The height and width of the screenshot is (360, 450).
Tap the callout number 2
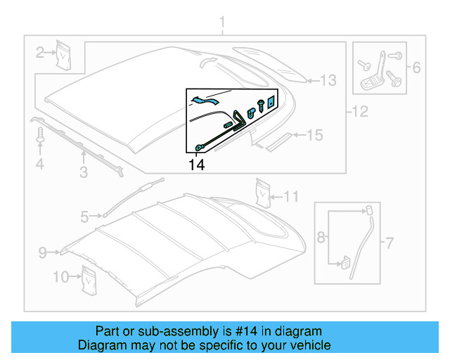(41, 51)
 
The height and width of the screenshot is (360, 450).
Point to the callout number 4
(40, 165)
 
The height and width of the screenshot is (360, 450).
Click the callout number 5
(84, 217)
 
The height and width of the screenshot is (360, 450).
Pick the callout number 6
(416, 68)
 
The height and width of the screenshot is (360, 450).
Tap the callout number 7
(388, 244)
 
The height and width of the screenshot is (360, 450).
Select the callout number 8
(321, 238)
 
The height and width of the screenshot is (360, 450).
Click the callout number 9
(41, 252)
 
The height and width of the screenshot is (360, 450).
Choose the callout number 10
(61, 277)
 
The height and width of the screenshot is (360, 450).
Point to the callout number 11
(292, 195)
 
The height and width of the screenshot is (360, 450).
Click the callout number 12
(359, 110)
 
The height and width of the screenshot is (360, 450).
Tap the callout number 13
(329, 81)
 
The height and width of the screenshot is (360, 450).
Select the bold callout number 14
(198, 165)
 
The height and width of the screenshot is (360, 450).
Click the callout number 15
(314, 134)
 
